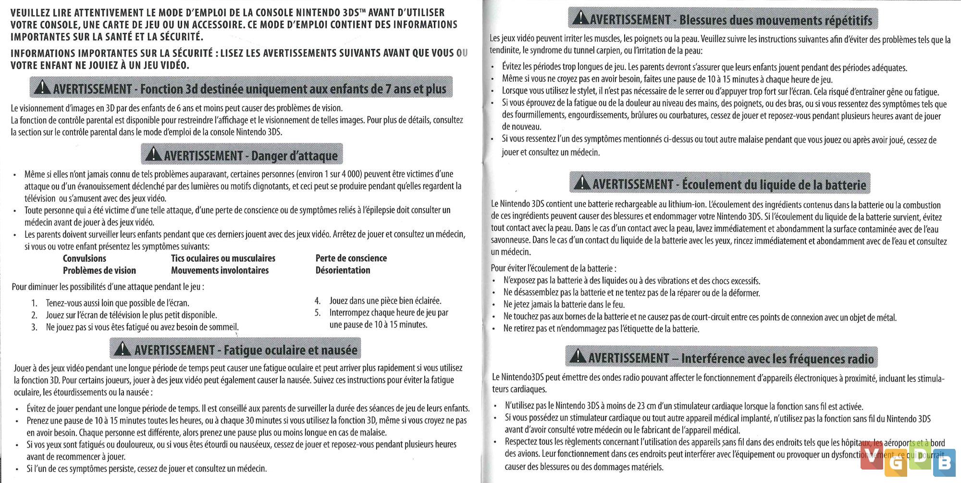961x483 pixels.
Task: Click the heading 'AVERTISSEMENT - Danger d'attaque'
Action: click(242, 155)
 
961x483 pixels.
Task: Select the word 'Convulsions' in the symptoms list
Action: click(85, 258)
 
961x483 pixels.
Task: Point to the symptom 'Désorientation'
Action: click(343, 270)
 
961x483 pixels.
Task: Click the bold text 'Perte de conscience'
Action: click(351, 258)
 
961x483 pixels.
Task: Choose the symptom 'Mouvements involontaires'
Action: click(220, 270)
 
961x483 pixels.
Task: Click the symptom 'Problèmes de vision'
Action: click(99, 270)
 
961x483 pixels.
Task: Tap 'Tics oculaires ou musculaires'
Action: click(223, 258)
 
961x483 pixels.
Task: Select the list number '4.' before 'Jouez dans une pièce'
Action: click(318, 301)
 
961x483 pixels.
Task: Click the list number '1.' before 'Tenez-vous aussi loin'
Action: click(34, 303)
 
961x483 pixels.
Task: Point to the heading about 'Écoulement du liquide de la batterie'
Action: click(720, 184)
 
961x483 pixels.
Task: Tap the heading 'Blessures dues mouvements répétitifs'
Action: click(723, 20)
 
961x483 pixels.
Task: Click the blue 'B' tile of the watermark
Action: click(944, 463)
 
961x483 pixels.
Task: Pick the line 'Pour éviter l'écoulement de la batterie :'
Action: click(553, 268)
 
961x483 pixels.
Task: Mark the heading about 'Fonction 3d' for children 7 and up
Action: click(241, 88)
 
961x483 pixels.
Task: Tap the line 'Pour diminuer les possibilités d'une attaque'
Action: click(108, 287)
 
